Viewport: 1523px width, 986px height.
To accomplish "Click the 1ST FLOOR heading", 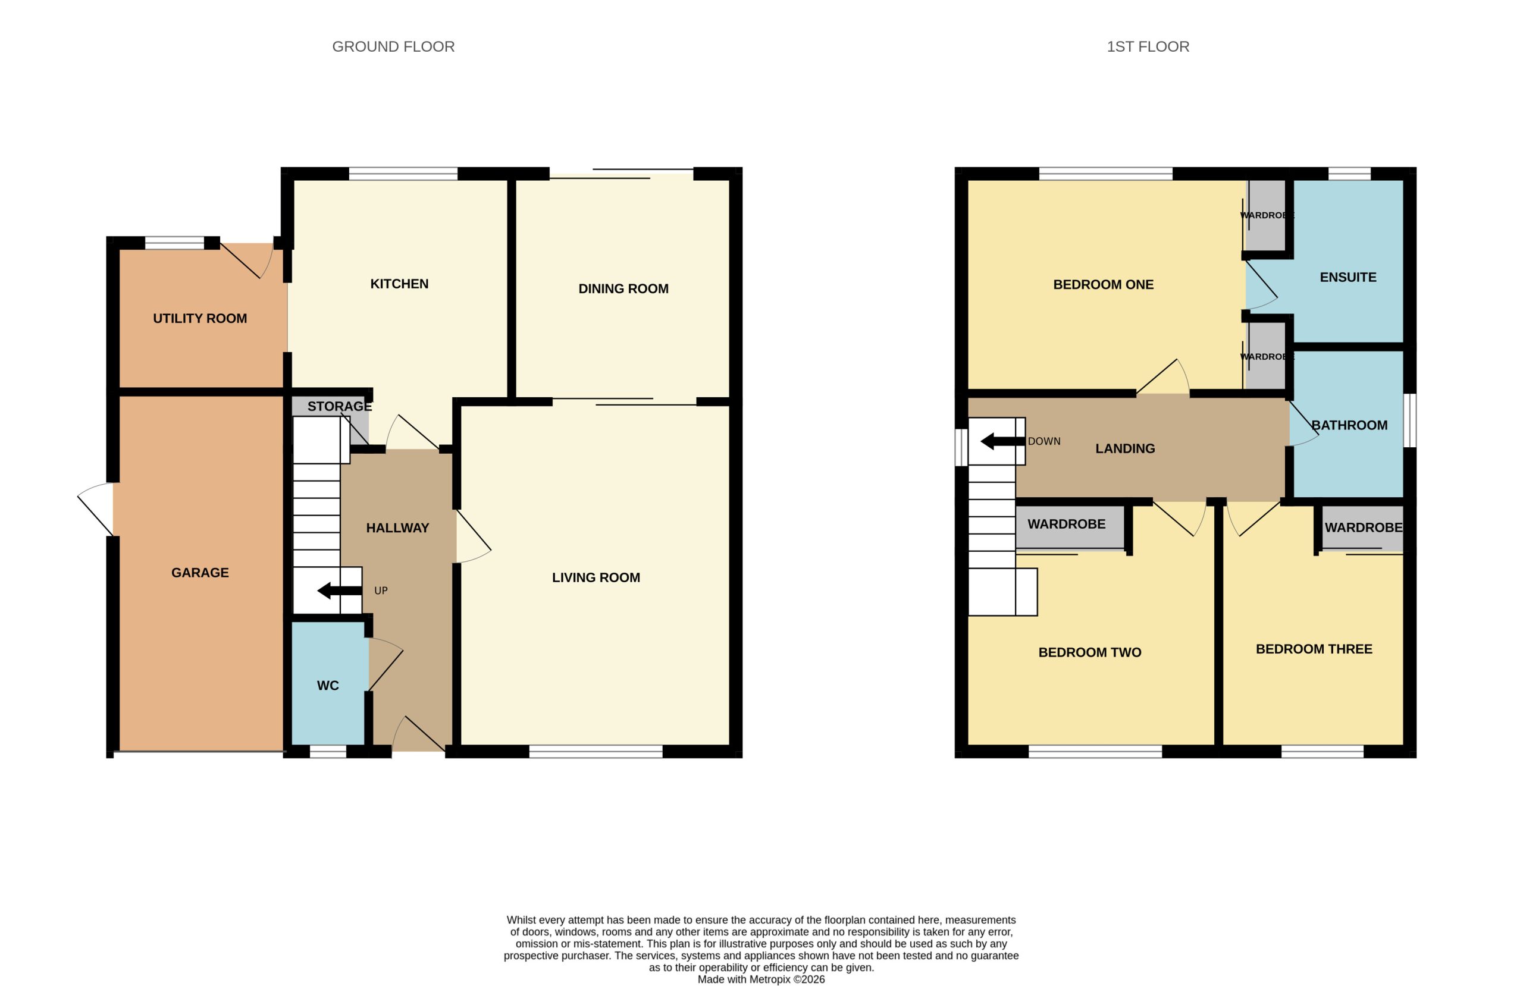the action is pyautogui.click(x=1148, y=47).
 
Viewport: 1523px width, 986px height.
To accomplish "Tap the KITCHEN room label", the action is pyautogui.click(x=399, y=284).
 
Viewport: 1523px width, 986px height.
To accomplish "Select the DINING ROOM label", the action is pyautogui.click(x=623, y=288).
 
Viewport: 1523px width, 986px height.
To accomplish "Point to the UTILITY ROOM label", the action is pyautogui.click(x=200, y=319).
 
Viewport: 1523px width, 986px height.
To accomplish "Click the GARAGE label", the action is pyautogui.click(x=200, y=573).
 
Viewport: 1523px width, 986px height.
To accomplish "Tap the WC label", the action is pyautogui.click(x=328, y=686).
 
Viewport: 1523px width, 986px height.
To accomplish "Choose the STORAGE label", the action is pyautogui.click(x=340, y=406).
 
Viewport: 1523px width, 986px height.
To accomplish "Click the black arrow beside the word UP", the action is pyautogui.click(x=339, y=591).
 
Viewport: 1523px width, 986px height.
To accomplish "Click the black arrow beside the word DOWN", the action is pyautogui.click(x=1003, y=441).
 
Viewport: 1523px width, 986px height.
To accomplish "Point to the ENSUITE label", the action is pyautogui.click(x=1347, y=278).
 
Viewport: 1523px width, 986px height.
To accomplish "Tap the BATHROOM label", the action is pyautogui.click(x=1349, y=425).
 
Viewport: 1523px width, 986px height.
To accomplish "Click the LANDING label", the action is pyautogui.click(x=1125, y=449).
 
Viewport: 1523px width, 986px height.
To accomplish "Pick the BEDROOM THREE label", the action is pyautogui.click(x=1314, y=649).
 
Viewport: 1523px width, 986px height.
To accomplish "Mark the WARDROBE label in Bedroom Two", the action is pyautogui.click(x=1066, y=524).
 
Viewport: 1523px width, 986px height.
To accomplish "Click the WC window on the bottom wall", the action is pyautogui.click(x=328, y=751).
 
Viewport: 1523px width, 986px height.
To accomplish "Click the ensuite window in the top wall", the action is pyautogui.click(x=1349, y=174).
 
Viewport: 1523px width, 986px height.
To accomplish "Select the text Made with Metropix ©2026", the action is pyautogui.click(x=761, y=979).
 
